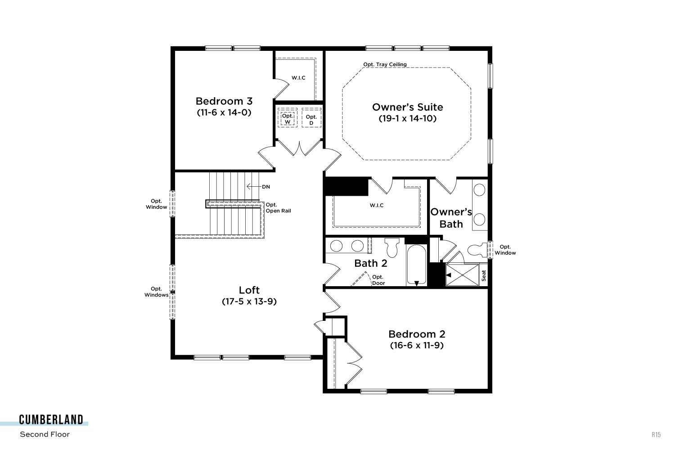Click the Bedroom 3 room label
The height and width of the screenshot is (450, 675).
pyautogui.click(x=224, y=101)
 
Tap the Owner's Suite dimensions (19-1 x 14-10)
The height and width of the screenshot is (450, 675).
pyautogui.click(x=407, y=118)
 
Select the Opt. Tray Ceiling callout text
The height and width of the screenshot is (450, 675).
pyautogui.click(x=385, y=64)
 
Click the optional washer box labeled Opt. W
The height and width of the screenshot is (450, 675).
pyautogui.click(x=288, y=117)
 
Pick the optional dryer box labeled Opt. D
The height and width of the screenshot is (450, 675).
pyautogui.click(x=311, y=117)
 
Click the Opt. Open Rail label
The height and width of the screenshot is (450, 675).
pyautogui.click(x=278, y=208)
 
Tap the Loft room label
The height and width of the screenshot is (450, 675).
pyautogui.click(x=249, y=290)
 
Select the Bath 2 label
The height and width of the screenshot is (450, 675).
pyautogui.click(x=371, y=263)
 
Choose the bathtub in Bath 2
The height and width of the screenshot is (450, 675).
pyautogui.click(x=416, y=265)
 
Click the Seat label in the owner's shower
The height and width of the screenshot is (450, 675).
pyautogui.click(x=484, y=275)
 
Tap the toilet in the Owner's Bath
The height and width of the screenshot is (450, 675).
pyautogui.click(x=477, y=250)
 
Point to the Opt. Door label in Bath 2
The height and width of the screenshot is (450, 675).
pyautogui.click(x=378, y=280)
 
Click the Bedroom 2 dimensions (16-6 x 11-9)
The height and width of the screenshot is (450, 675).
pyautogui.click(x=417, y=346)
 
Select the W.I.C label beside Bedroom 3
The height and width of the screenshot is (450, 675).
pyautogui.click(x=298, y=78)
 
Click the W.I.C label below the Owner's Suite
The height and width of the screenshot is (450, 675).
pyautogui.click(x=377, y=206)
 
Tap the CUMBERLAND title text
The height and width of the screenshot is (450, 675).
pyautogui.click(x=51, y=420)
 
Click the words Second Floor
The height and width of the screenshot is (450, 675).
pyautogui.click(x=45, y=434)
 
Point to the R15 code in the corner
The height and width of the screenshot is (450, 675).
pyautogui.click(x=656, y=435)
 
